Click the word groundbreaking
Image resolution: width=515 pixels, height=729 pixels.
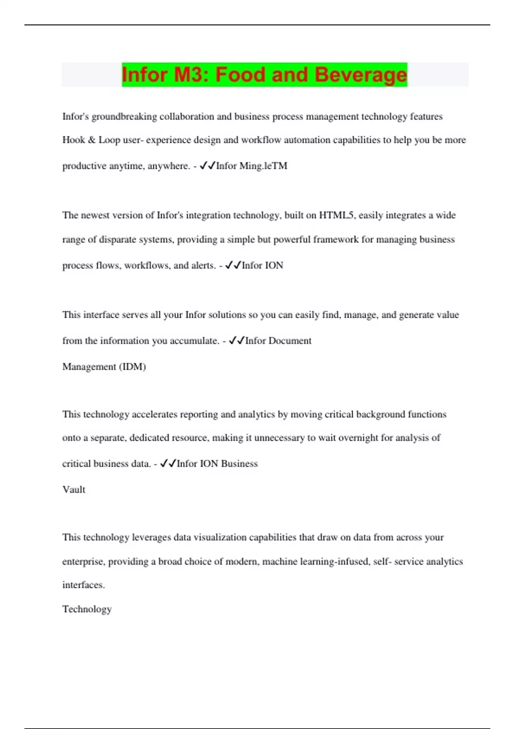pos(124,117)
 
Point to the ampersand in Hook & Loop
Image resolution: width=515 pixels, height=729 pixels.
pos(91,140)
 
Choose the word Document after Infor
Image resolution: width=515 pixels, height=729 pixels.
pos(290,341)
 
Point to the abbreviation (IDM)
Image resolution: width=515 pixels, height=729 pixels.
pos(132,367)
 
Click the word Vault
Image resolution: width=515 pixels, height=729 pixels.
pos(74,490)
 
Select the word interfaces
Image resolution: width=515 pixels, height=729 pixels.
pos(83,585)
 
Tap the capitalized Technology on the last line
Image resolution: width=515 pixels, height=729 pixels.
pos(87,609)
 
